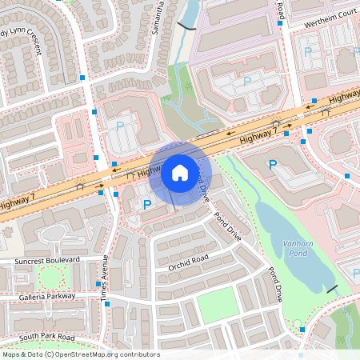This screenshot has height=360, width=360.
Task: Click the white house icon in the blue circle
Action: pyautogui.click(x=180, y=172)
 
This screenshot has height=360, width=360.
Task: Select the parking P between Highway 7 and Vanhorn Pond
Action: pyautogui.click(x=272, y=165)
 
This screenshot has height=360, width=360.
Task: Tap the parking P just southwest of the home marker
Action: pyautogui.click(x=146, y=205)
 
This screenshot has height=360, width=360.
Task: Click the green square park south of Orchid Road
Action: pyautogui.click(x=217, y=306)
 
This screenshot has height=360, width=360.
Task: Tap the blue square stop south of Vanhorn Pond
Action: pyautogui.click(x=302, y=329)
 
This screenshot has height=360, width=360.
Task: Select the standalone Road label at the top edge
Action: pyautogui.click(x=280, y=10)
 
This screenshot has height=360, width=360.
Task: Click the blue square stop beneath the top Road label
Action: pyautogui.click(x=279, y=24)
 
